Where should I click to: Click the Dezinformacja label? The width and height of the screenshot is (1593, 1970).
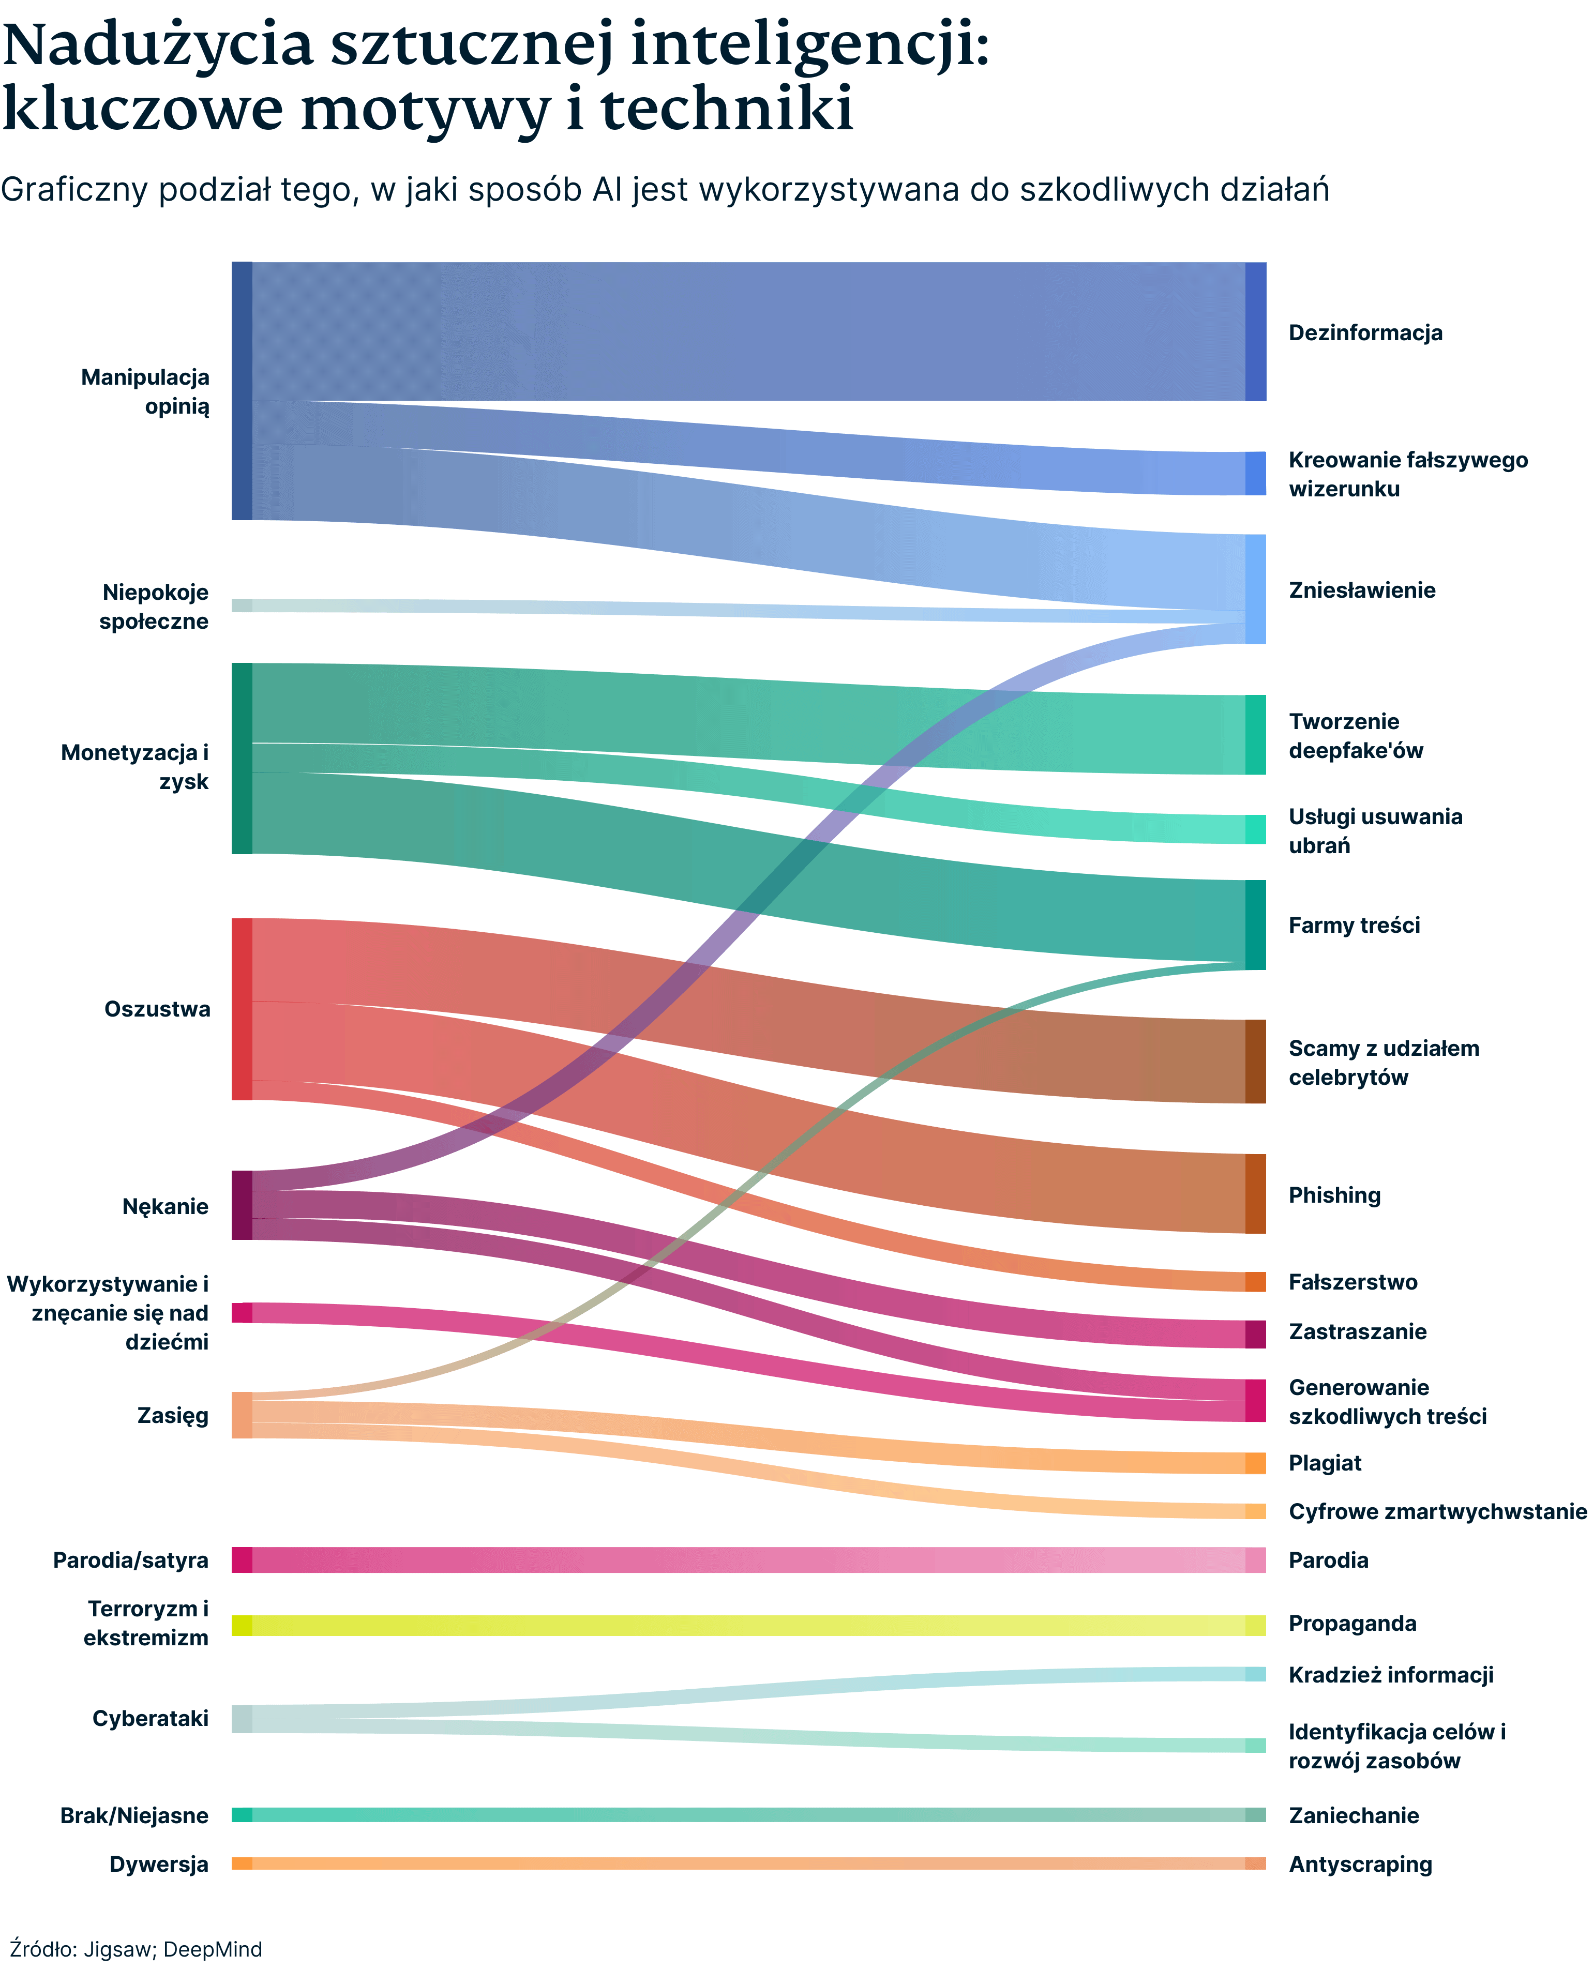1364,333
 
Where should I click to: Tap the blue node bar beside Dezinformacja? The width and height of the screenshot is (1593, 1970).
1255,332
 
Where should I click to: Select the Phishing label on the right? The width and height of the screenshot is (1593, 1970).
1334,1195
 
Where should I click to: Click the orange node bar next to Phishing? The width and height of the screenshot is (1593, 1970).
1255,1193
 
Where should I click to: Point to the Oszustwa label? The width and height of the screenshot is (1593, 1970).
157,1009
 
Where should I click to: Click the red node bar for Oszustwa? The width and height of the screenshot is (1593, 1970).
242,1009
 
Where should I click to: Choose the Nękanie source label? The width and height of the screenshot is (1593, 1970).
165,1206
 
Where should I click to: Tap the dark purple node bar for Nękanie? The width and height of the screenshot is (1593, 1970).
242,1205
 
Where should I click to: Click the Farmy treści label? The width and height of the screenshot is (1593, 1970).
1354,926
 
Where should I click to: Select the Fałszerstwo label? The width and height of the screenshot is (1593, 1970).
1352,1282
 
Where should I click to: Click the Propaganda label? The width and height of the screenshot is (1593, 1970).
1351,1624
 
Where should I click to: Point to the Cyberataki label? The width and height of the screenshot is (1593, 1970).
151,1718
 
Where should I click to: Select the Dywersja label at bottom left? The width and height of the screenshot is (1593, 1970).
159,1863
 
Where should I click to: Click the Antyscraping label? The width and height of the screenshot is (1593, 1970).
1360,1863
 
